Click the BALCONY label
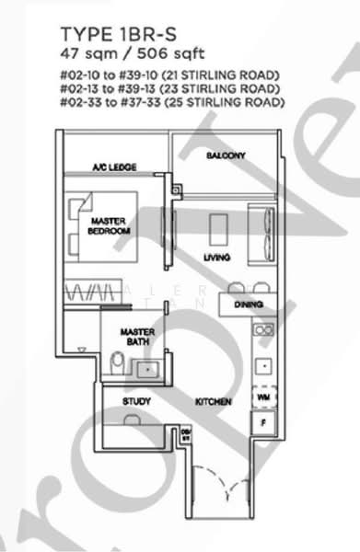click(x=226, y=156)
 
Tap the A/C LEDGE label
click(x=114, y=167)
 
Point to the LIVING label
click(x=217, y=257)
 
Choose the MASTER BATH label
click(x=141, y=337)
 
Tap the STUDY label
click(x=137, y=402)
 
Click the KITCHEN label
click(x=213, y=402)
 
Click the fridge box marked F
click(x=263, y=421)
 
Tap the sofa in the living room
click(x=267, y=225)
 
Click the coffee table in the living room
click(x=218, y=226)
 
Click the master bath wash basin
click(x=146, y=368)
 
